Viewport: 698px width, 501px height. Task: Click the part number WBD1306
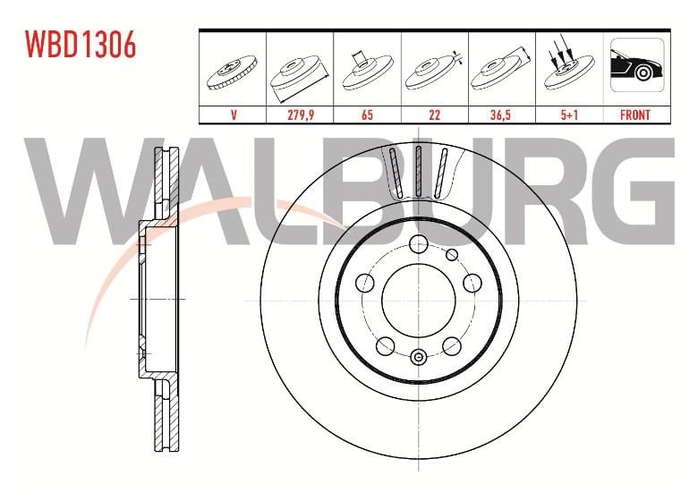81,45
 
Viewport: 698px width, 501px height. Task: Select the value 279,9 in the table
301,115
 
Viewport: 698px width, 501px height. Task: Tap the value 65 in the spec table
367,115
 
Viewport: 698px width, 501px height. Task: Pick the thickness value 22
435,115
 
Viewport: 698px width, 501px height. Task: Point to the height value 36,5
501,115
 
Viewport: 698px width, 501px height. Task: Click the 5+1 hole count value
569,115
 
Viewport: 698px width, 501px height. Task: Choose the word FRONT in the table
635,115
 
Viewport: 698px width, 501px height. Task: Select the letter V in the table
234,115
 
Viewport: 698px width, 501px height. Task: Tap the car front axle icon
637,65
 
